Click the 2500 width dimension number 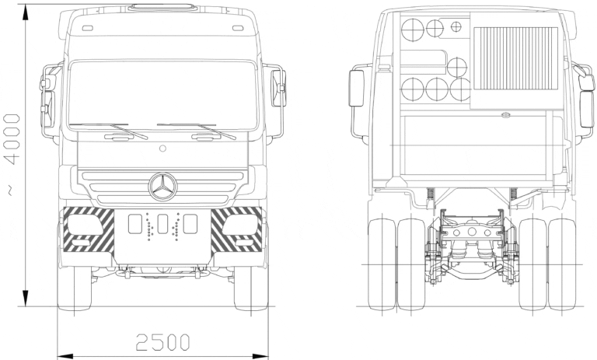tap(162, 341)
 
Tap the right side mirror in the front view tap(278, 87)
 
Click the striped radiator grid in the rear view tap(516, 65)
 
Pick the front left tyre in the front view tap(76, 288)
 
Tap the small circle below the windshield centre tap(162, 147)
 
